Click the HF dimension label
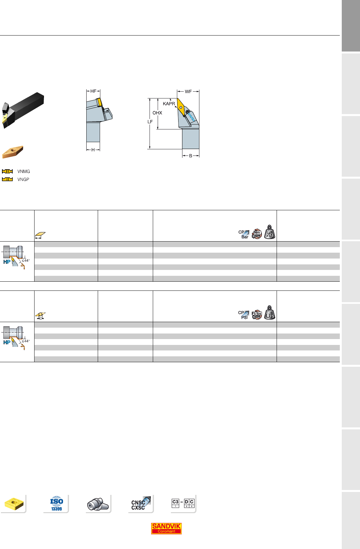click(93, 91)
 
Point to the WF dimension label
click(188, 92)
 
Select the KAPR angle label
click(169, 104)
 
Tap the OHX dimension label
click(157, 113)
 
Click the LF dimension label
click(150, 122)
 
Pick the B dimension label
click(191, 156)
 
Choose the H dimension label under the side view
click(93, 150)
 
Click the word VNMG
click(23, 171)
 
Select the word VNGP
click(23, 179)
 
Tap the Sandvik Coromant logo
click(166, 528)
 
